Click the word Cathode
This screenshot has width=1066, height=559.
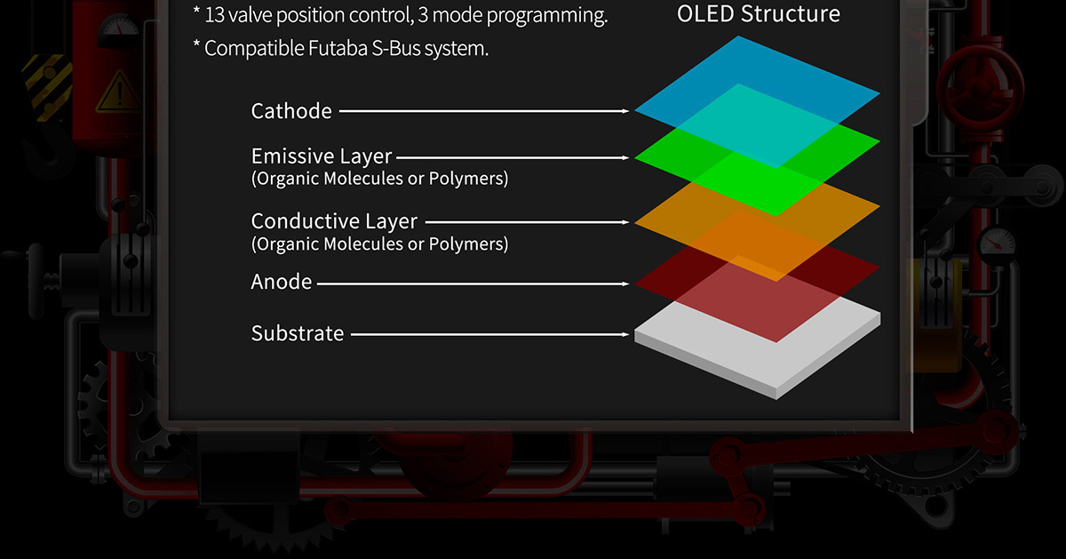point(291,111)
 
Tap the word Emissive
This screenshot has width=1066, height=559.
point(290,156)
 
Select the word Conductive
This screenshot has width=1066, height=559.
point(305,221)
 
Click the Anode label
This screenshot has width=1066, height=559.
point(282,282)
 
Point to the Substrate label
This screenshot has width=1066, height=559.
point(298,333)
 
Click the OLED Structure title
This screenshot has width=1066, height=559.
point(759,14)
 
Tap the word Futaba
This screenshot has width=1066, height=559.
point(338,48)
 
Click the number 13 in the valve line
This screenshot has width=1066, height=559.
point(214,15)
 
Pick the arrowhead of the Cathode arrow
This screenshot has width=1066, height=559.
point(625,111)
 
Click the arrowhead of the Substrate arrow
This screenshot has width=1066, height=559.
point(625,335)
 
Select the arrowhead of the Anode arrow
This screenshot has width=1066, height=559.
point(625,283)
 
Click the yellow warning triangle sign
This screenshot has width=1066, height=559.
point(118,92)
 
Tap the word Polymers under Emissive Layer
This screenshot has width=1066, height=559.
point(469,178)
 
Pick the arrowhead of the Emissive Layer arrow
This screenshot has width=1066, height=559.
point(625,157)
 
